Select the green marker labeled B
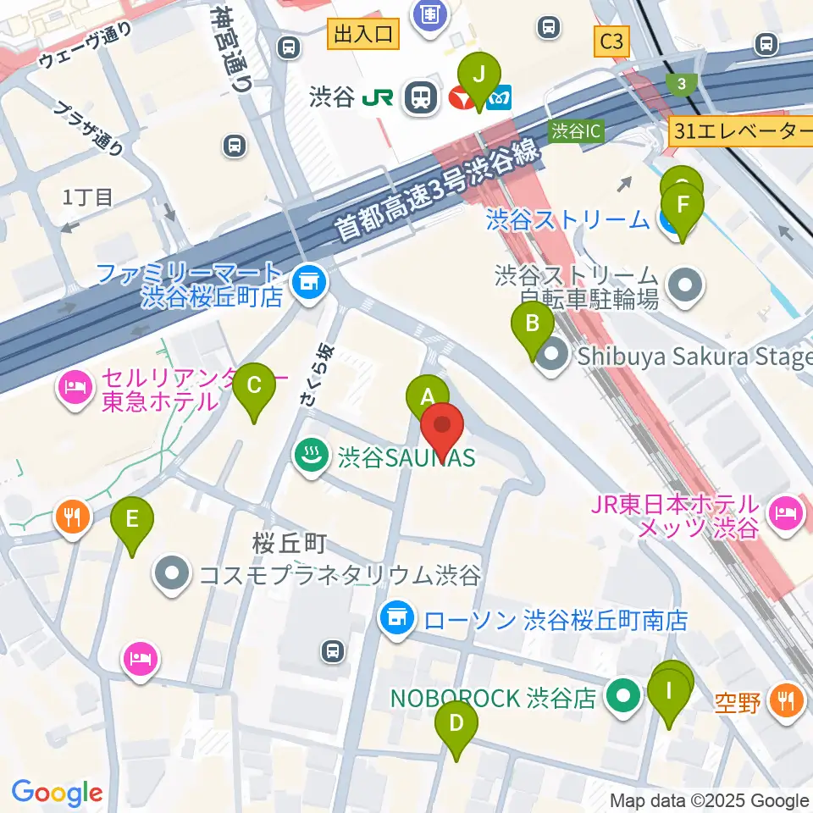pos(533,324)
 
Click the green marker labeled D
pos(456,724)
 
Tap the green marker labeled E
pos(131,519)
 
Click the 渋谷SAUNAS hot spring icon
pos(307,457)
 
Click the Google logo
pos(57,792)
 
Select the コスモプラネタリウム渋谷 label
pos(339,576)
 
